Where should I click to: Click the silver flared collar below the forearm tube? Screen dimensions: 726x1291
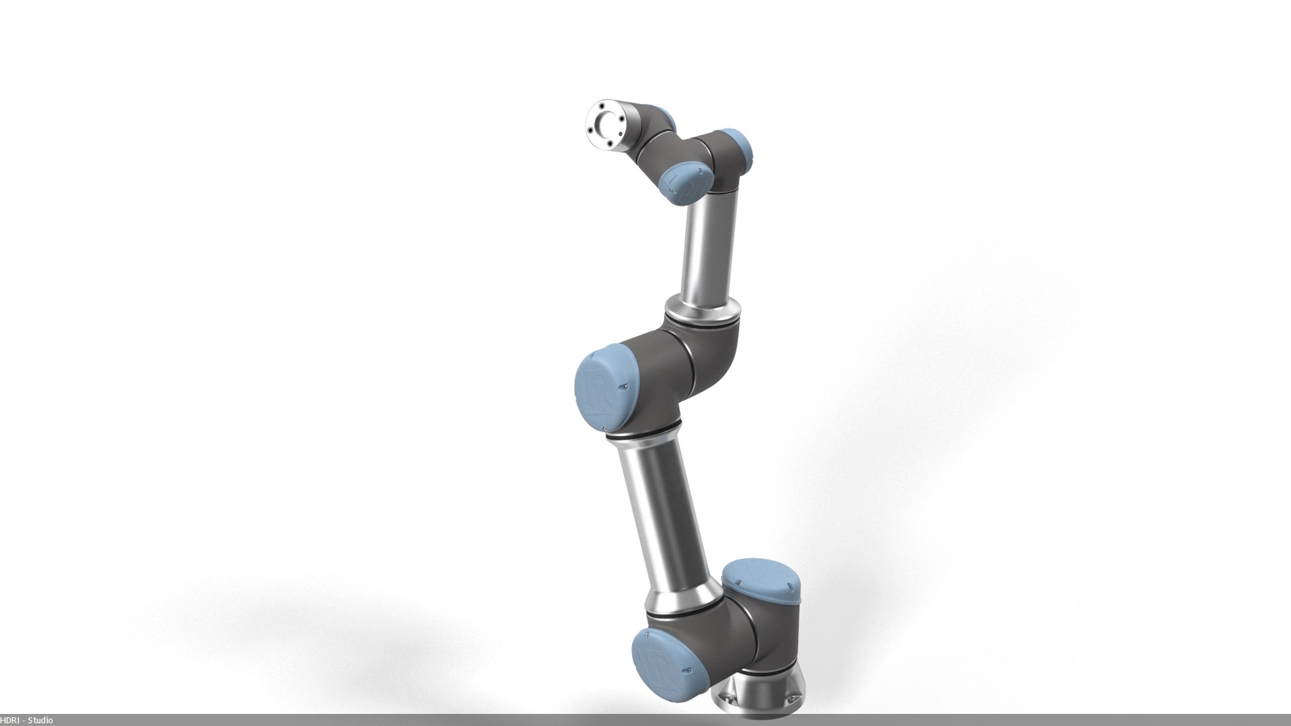tap(703, 313)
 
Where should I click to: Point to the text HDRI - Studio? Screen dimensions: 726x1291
tap(27, 721)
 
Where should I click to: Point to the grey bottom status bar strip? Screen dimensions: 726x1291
tap(645, 721)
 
